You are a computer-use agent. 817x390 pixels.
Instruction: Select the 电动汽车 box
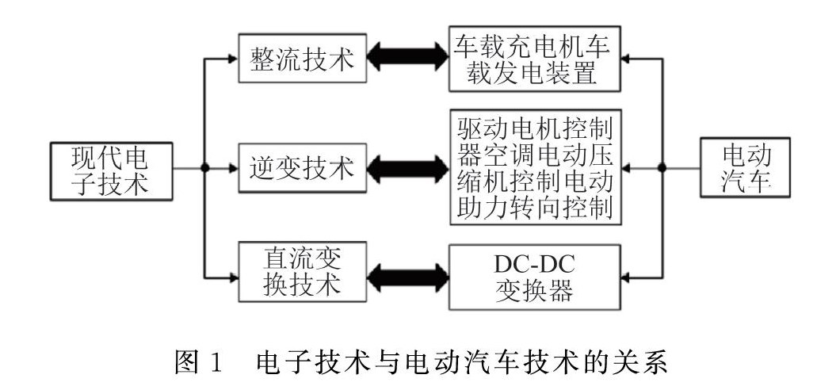tap(745, 168)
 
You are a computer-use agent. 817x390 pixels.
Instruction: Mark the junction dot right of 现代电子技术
tap(204, 169)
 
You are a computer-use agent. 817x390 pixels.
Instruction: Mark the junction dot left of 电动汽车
tap(662, 168)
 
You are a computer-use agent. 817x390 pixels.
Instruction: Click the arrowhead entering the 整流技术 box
tap(233, 58)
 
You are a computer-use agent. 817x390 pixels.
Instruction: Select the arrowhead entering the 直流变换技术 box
tap(233, 277)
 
